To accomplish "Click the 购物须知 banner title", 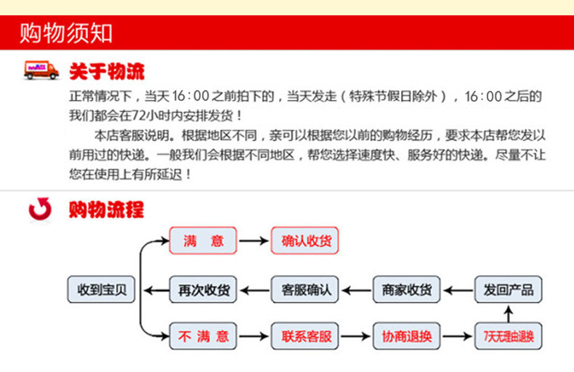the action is pos(66,33).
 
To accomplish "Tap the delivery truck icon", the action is pos(41,70).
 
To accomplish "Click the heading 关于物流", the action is pos(107,71).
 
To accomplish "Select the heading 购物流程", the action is pos(107,210).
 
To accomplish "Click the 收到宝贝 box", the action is pos(102,290).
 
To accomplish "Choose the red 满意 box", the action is pos(203,241).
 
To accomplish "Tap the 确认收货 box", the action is pos(305,241).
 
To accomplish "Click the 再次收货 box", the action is pos(203,290).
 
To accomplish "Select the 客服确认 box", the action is pos(305,290).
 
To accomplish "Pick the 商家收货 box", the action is pos(407,290).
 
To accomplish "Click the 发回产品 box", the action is pos(509,290).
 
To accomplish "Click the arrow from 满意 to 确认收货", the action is pos(254,241).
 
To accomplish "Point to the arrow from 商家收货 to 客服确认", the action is pos(356,290).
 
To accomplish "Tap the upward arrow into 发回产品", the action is pos(509,313).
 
